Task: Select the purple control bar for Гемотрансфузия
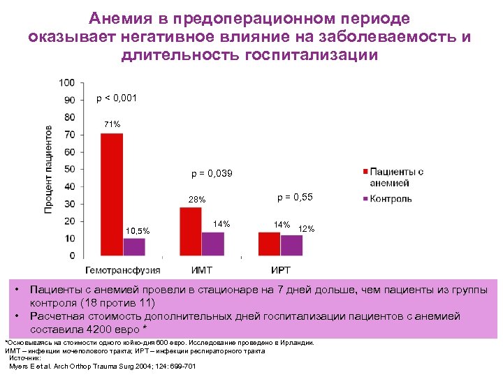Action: pyautogui.click(x=134, y=246)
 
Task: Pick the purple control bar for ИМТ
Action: pyautogui.click(x=212, y=244)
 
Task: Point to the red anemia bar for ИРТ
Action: pyautogui.click(x=269, y=244)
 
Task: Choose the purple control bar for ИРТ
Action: pyautogui.click(x=291, y=245)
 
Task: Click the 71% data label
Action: pyautogui.click(x=112, y=124)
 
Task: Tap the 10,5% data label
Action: pyautogui.click(x=137, y=230)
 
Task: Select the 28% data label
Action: pyautogui.click(x=196, y=200)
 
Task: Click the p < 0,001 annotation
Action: pyautogui.click(x=117, y=98)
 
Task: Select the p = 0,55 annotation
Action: pyautogui.click(x=295, y=198)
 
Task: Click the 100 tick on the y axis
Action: pyautogui.click(x=68, y=83)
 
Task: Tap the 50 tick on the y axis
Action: pyautogui.click(x=70, y=170)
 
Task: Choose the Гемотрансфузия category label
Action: pyautogui.click(x=123, y=269)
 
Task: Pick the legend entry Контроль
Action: pyautogui.click(x=391, y=198)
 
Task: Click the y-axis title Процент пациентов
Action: pyautogui.click(x=50, y=170)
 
